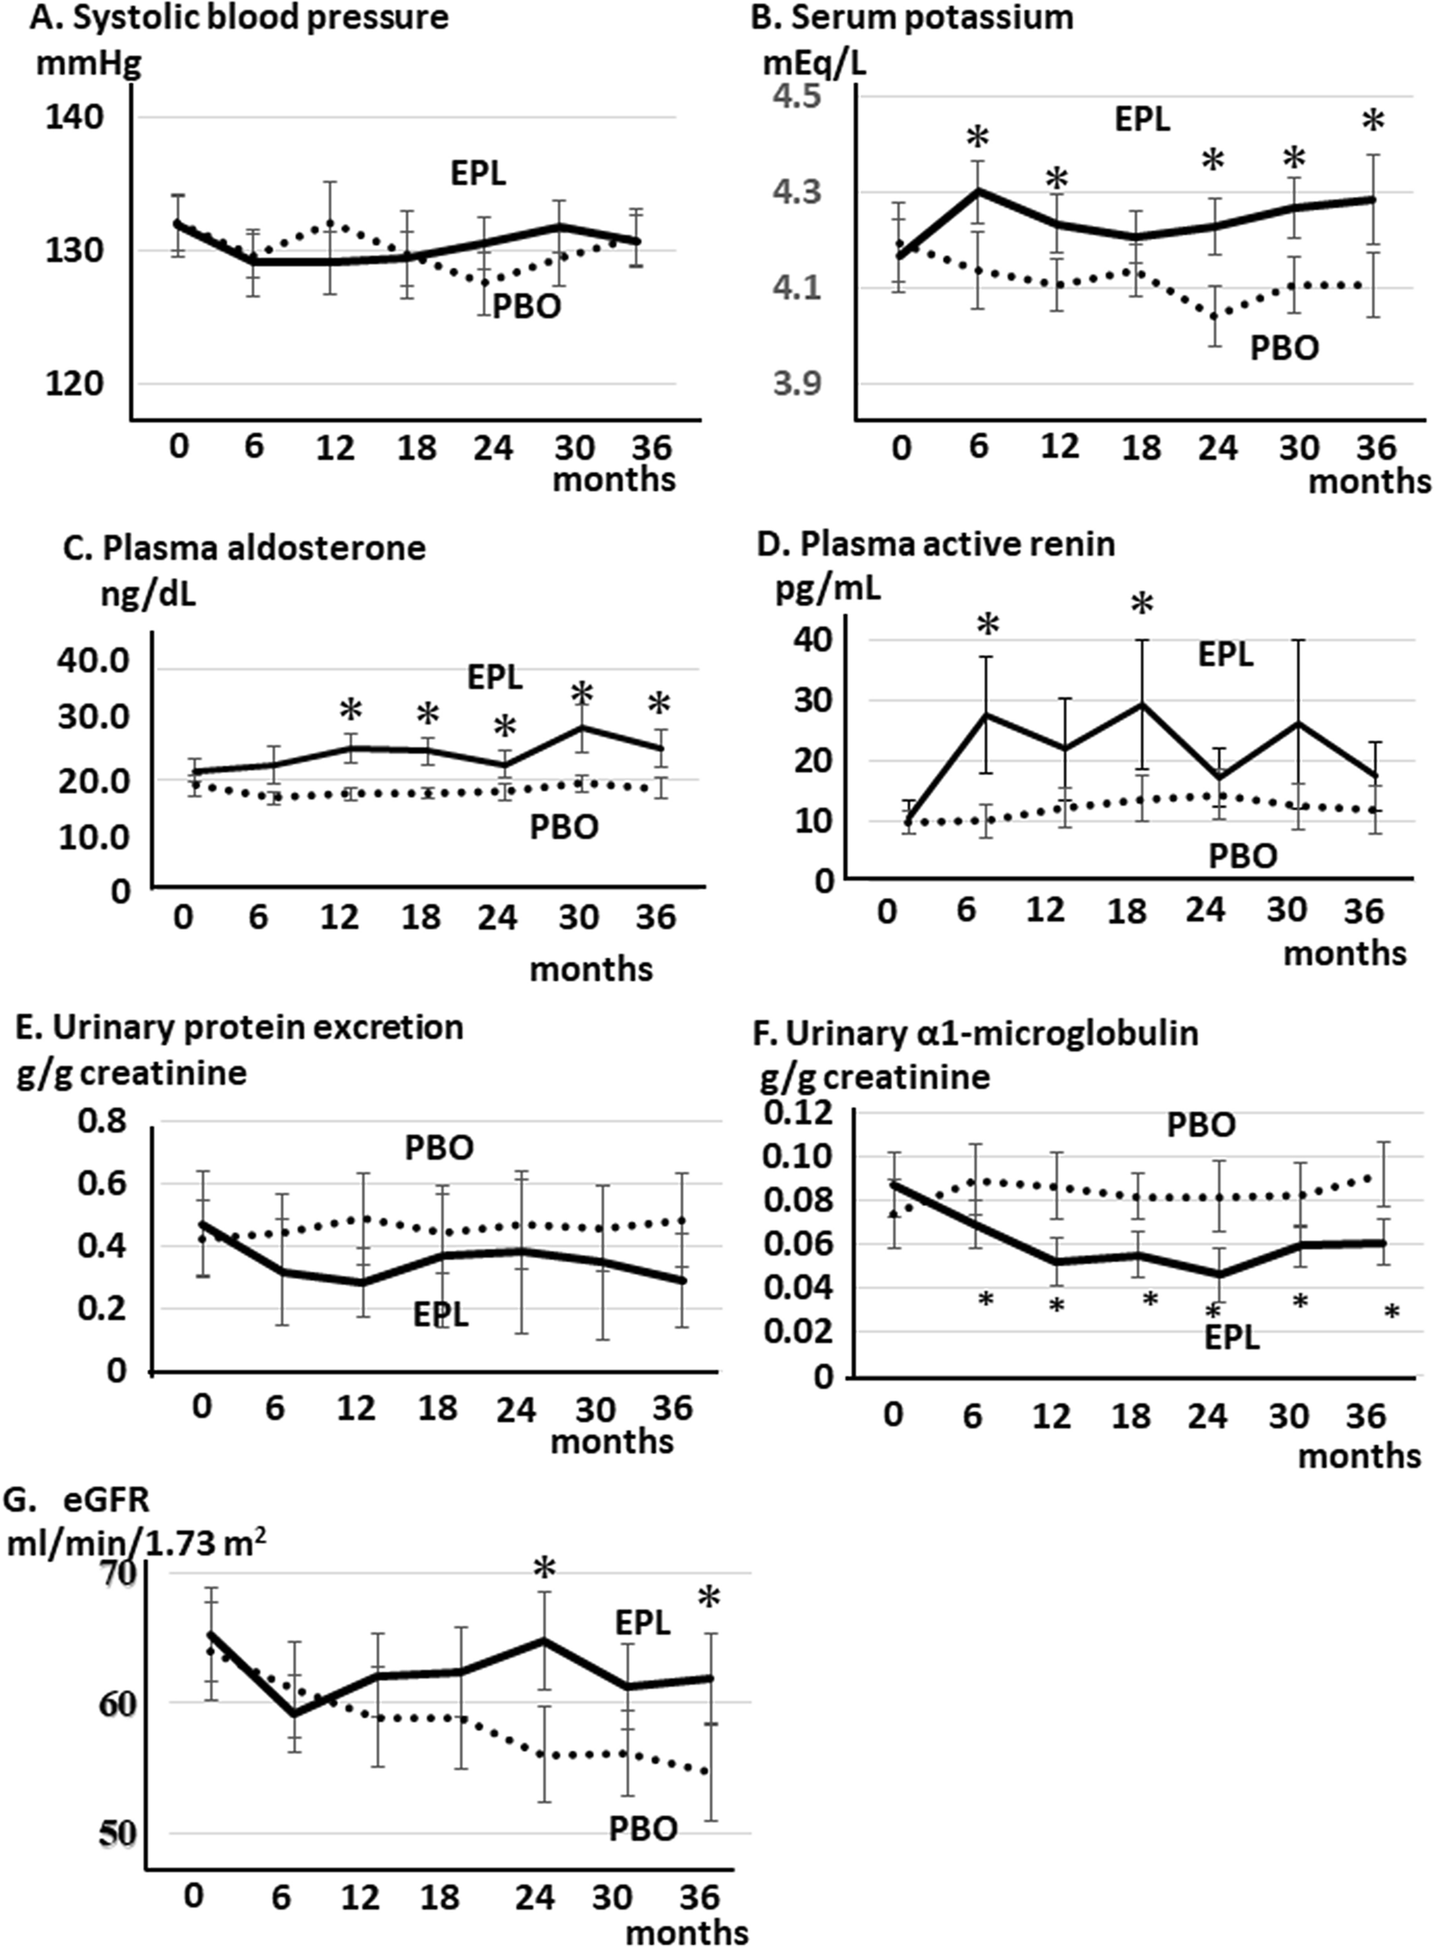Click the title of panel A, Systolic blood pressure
point(239,18)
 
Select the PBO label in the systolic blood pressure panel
point(527,306)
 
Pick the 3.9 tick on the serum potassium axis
point(797,384)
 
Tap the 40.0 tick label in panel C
point(92,663)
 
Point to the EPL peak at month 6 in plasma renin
point(986,714)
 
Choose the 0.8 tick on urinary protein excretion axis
point(101,1123)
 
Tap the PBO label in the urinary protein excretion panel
point(440,1149)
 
